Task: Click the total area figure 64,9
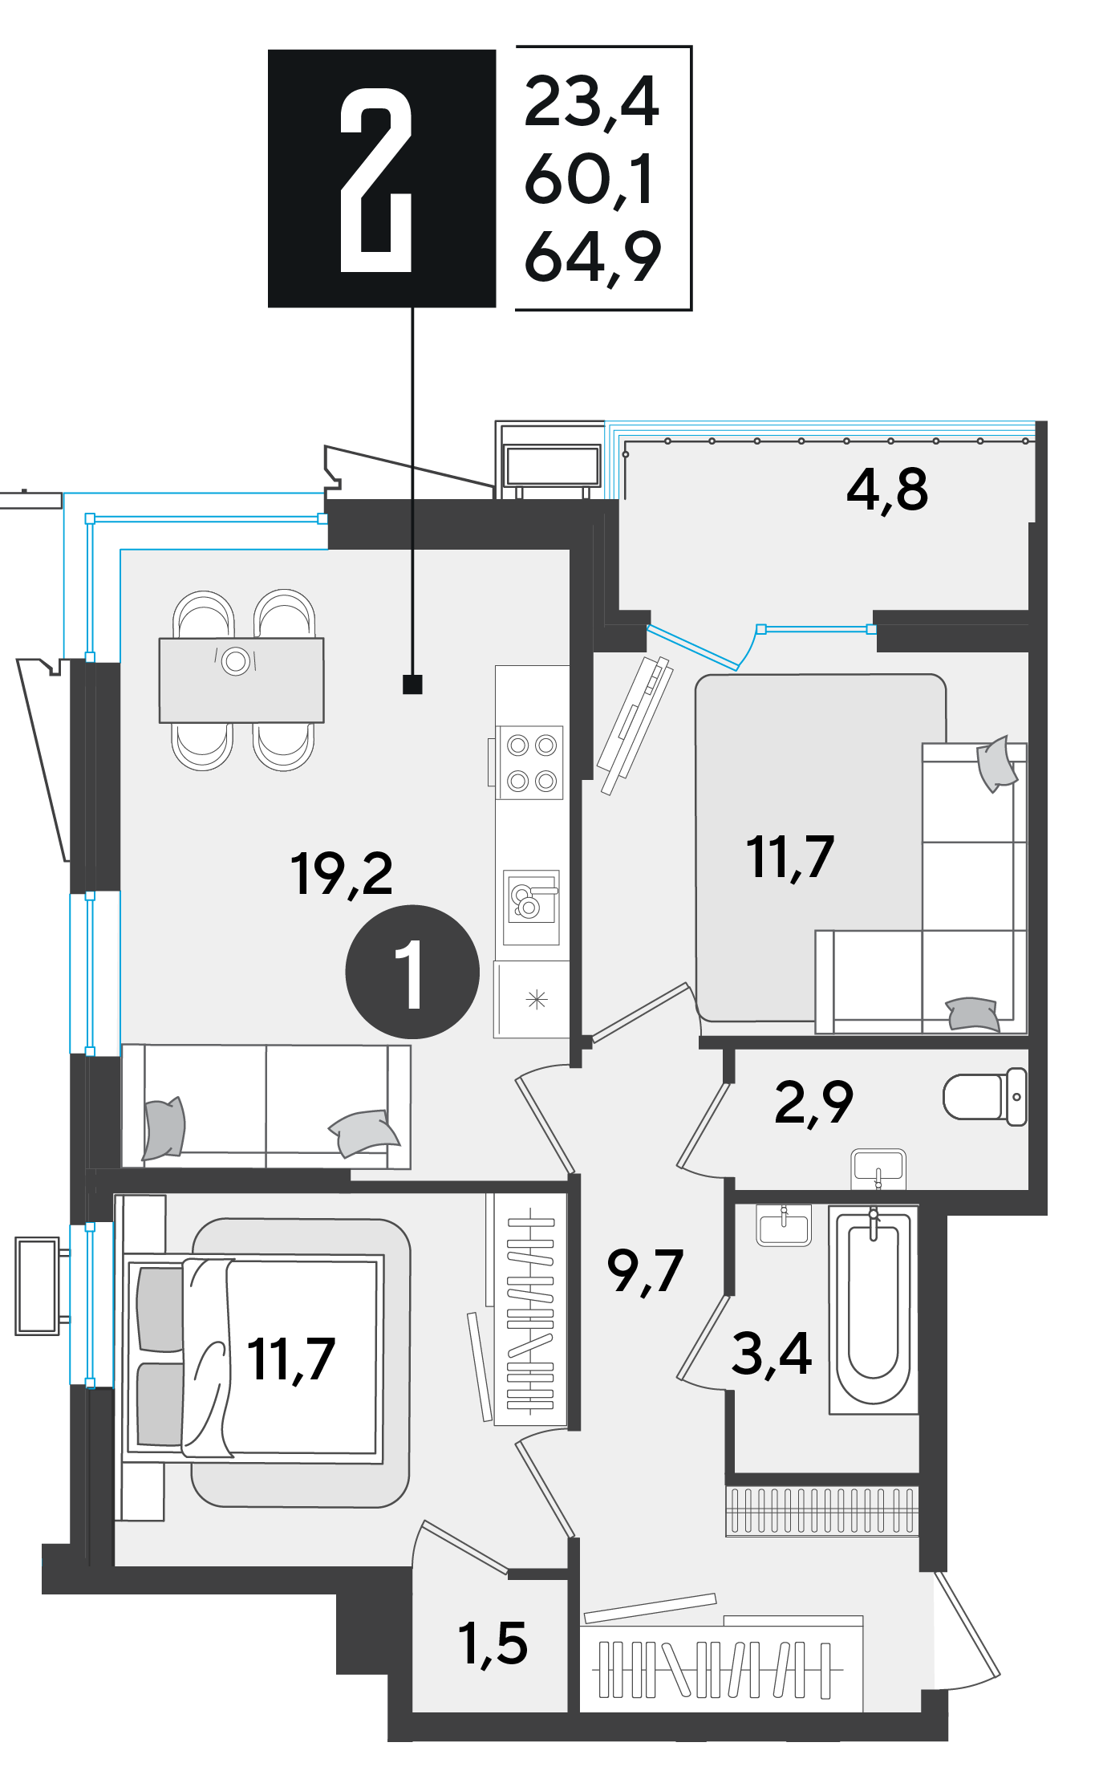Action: click(592, 257)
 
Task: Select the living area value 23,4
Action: click(591, 102)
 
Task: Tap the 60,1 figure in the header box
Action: click(589, 180)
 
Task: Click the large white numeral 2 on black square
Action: click(375, 180)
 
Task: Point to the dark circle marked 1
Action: click(412, 972)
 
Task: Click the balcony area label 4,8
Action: click(887, 489)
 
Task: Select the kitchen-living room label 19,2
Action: click(342, 874)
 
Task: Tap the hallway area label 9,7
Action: click(645, 1271)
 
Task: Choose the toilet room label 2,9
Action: click(813, 1103)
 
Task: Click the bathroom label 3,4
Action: click(771, 1354)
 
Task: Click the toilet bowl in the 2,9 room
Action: click(985, 1096)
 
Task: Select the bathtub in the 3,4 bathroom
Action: click(874, 1310)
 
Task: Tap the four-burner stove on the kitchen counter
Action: click(530, 763)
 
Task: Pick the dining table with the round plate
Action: click(241, 680)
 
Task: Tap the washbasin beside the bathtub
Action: click(784, 1225)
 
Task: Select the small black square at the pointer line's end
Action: click(412, 684)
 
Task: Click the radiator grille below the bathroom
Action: click(821, 1511)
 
